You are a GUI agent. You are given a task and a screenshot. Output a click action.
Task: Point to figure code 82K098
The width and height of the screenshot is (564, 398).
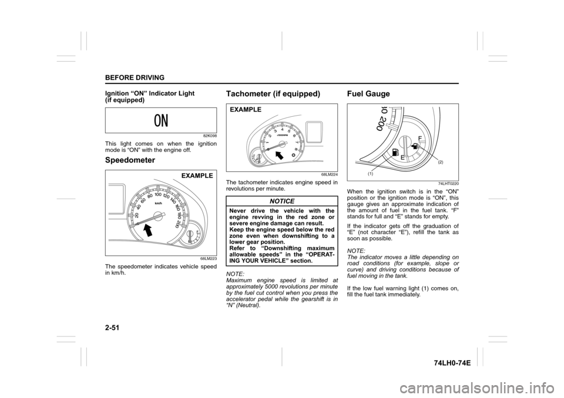pos(207,136)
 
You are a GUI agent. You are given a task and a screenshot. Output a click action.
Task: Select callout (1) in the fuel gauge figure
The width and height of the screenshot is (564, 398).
pos(371,174)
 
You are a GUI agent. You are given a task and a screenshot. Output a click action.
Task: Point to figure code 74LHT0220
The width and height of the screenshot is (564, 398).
pos(446,184)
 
